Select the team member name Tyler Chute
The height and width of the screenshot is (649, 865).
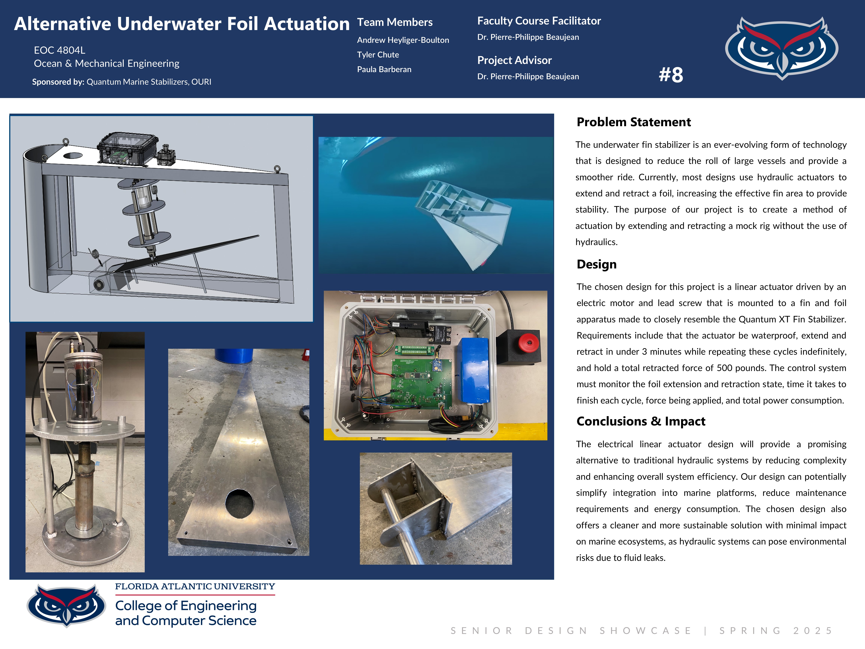[x=378, y=55]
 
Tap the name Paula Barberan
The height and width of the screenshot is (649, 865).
[x=384, y=69]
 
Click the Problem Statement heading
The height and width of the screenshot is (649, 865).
[x=634, y=122]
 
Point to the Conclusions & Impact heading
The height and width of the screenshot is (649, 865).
[x=640, y=421]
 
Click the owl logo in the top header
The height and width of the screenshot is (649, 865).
[x=781, y=48]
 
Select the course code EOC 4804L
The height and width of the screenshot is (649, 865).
[x=60, y=50]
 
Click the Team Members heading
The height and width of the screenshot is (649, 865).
[x=395, y=22]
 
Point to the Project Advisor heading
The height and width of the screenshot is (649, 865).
[x=514, y=60]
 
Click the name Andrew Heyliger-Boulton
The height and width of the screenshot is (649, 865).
[x=403, y=40]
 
